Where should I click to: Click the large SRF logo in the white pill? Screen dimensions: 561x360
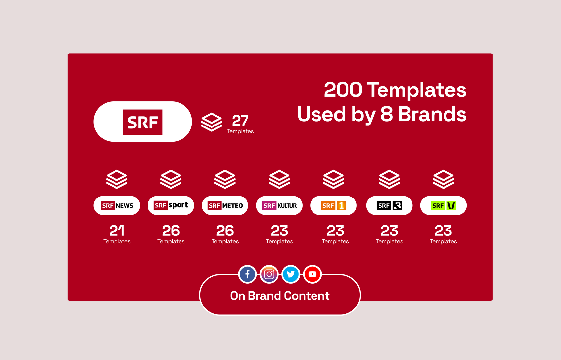(x=143, y=122)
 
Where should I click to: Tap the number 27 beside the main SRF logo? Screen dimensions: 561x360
(x=240, y=121)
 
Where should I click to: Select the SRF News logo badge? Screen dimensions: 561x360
(x=117, y=205)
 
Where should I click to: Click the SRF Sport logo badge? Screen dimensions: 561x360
(x=171, y=205)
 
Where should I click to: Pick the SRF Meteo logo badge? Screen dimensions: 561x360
(x=225, y=205)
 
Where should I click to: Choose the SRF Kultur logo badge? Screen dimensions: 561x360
(x=279, y=205)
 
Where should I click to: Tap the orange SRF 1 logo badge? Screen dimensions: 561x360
(x=333, y=205)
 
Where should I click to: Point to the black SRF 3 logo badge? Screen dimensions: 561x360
(x=389, y=205)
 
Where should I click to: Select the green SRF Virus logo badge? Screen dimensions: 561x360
(x=443, y=205)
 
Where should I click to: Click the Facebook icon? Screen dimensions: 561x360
(x=247, y=274)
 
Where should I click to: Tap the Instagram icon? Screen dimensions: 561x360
(x=269, y=274)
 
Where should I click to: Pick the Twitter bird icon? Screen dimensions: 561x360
(x=291, y=274)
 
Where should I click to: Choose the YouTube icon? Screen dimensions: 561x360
(x=312, y=274)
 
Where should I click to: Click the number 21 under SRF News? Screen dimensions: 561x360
(x=117, y=231)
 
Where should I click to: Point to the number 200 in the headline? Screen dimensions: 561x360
(x=343, y=90)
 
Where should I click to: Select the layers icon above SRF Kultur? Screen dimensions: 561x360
(x=279, y=179)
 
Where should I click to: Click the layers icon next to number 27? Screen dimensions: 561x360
(x=212, y=122)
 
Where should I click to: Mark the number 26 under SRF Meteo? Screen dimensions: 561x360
(x=225, y=231)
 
